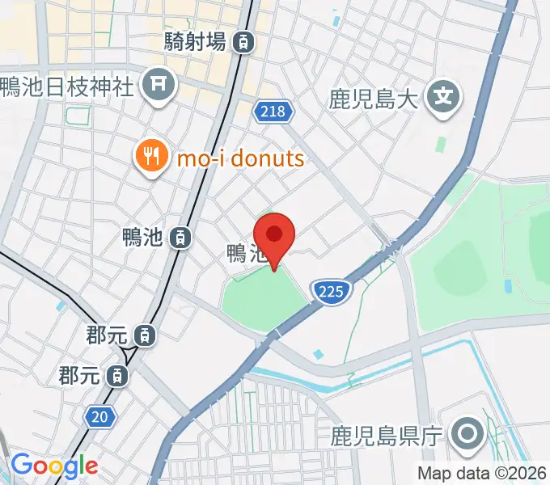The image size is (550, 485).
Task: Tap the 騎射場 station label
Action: point(194,42)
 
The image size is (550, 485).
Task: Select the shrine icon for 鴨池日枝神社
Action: point(159,84)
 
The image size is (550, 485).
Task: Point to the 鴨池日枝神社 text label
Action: point(66,86)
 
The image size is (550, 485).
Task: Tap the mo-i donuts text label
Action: point(240,157)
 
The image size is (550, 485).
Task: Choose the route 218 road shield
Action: point(273,112)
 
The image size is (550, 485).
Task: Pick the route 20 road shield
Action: point(98,416)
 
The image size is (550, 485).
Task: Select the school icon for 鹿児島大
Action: point(444,99)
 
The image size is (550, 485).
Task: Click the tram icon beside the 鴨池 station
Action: point(182,238)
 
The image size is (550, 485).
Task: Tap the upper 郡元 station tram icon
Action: point(145,334)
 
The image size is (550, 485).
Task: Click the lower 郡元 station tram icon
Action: point(118,375)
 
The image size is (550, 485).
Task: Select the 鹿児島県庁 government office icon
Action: point(467,435)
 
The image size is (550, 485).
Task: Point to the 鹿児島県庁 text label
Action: point(387,437)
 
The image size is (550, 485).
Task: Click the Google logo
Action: point(54,466)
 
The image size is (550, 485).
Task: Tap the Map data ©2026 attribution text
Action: point(482,474)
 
